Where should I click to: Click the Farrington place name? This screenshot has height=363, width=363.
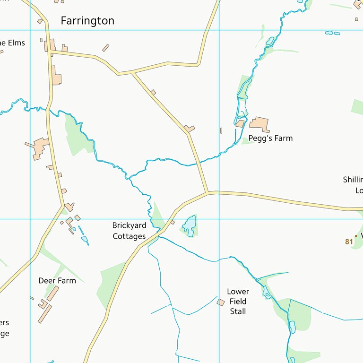pyautogui.click(x=87, y=21)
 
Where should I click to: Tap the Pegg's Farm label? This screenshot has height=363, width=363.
pyautogui.click(x=270, y=138)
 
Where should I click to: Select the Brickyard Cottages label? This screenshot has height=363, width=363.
pyautogui.click(x=129, y=231)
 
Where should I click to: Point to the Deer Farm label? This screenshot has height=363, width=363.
pyautogui.click(x=57, y=281)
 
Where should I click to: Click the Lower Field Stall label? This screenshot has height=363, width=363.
pyautogui.click(x=238, y=302)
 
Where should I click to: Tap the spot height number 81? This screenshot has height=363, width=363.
pyautogui.click(x=349, y=242)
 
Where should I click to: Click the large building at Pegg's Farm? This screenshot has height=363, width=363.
pyautogui.click(x=259, y=124)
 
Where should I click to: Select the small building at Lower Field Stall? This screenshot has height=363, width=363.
pyautogui.click(x=221, y=302)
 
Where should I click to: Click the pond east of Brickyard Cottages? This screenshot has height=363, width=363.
pyautogui.click(x=190, y=225)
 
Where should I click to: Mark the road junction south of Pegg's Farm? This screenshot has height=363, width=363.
pyautogui.click(x=207, y=192)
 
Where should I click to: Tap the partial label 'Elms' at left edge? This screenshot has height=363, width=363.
pyautogui.click(x=11, y=43)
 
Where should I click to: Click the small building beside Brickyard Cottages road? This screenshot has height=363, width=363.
pyautogui.click(x=173, y=222)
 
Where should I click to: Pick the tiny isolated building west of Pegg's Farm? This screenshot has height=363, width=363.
pyautogui.click(x=221, y=130)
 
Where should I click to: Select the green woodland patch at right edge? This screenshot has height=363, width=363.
pyautogui.click(x=357, y=107)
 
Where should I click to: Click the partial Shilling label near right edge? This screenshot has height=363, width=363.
pyautogui.click(x=353, y=180)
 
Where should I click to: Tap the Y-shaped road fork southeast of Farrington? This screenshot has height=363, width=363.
pyautogui.click(x=133, y=73)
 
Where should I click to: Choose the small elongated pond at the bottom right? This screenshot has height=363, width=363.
pyautogui.click(x=292, y=327)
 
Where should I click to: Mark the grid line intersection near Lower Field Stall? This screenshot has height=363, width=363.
pyautogui.click(x=219, y=219)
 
